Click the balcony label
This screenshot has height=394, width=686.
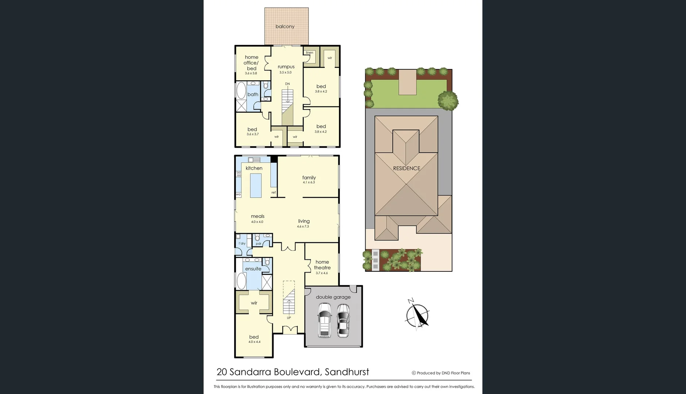[285, 26]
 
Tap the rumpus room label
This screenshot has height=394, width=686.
[286, 67]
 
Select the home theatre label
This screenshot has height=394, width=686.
[322, 264]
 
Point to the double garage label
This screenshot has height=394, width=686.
[333, 297]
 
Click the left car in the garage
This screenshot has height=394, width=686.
[324, 320]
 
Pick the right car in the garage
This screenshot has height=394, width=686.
[343, 320]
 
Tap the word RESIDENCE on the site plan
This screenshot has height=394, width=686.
[406, 168]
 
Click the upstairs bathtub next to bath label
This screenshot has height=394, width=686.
[241, 90]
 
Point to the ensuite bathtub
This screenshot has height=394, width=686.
[242, 281]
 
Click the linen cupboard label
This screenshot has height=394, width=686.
[309, 53]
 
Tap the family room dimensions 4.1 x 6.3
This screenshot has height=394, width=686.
[309, 182]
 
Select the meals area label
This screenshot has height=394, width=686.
[258, 216]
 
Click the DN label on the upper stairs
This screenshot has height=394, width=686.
[288, 84]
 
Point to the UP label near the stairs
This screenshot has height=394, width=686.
[289, 318]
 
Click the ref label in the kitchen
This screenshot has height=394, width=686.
[273, 193]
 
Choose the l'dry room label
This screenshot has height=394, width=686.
[242, 243]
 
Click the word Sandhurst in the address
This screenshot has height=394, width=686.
[347, 372]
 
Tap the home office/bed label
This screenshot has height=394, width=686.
[251, 63]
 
